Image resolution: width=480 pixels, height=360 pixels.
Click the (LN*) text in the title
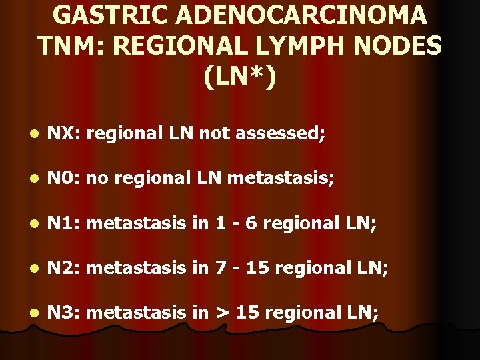point(240,77)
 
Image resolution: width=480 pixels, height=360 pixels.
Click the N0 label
point(64,179)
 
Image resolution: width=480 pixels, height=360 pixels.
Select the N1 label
point(64,223)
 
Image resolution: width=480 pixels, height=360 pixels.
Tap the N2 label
point(64,267)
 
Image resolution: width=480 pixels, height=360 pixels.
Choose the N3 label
point(64,311)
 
